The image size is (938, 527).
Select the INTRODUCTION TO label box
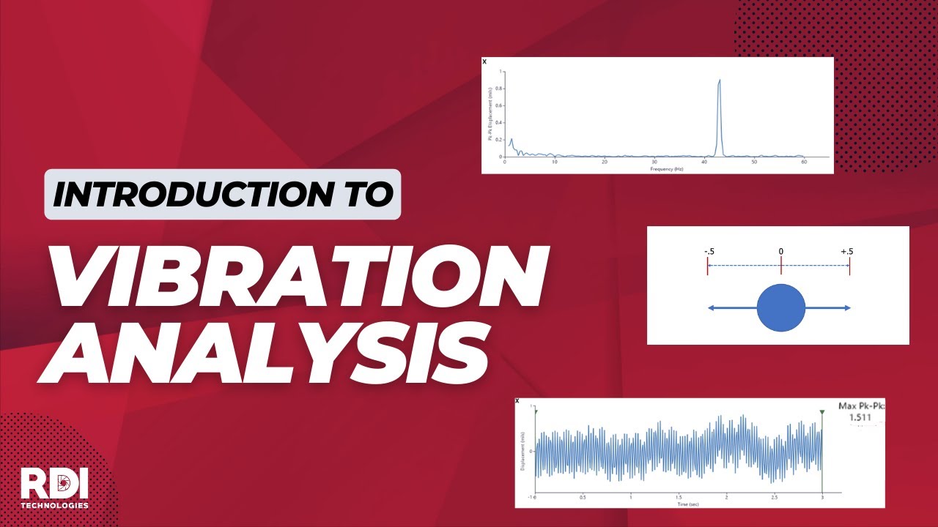[x=223, y=194]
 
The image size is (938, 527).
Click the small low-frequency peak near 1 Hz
[x=511, y=140]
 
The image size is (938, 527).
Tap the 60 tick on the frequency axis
[x=804, y=162]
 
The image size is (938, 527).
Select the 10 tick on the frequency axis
[x=555, y=162]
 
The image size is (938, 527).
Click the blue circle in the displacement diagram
[x=780, y=307]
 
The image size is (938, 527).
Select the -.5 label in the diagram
[x=709, y=252]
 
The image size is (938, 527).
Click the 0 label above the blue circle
[x=780, y=252]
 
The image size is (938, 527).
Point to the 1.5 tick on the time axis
[x=678, y=497]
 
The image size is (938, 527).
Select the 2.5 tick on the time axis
[x=774, y=497]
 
